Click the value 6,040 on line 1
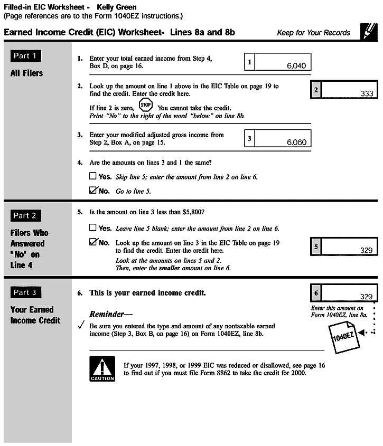(x=296, y=67)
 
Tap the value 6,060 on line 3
(x=296, y=143)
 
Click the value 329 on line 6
(x=366, y=297)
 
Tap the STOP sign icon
(x=146, y=105)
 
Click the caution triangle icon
(x=102, y=369)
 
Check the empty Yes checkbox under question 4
(x=93, y=176)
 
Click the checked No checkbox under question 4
(x=94, y=190)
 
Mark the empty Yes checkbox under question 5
(x=93, y=228)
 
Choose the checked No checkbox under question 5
(x=94, y=242)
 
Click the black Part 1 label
(x=26, y=56)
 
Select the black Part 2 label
(x=26, y=215)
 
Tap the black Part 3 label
(x=26, y=292)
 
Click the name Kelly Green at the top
(x=117, y=8)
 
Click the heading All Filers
(x=26, y=73)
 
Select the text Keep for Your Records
(x=313, y=33)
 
